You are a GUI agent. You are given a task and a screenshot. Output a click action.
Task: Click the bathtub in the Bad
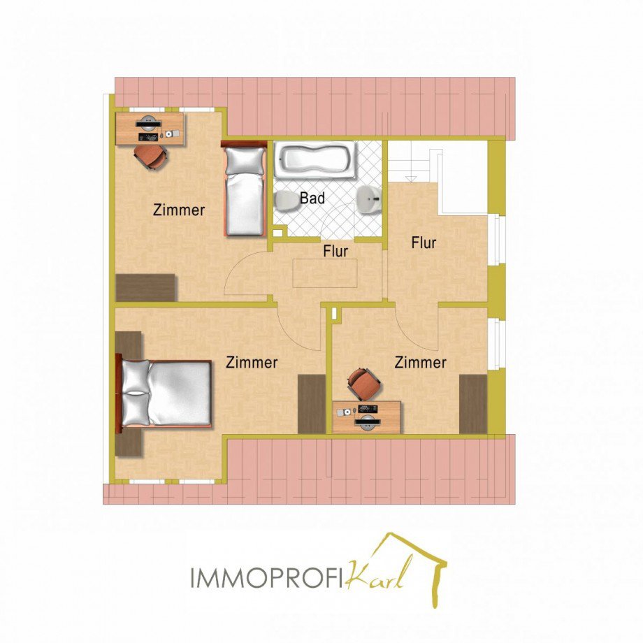pos(315,160)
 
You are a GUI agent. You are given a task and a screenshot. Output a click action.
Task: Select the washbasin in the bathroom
pos(369,200)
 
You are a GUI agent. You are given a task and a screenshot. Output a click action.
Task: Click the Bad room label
pos(312,198)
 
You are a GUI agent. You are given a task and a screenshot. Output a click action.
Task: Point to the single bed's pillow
pos(245,161)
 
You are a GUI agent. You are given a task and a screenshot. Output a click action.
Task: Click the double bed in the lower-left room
pos(164,393)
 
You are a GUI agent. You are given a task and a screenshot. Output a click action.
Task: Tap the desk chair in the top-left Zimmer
pos(151,157)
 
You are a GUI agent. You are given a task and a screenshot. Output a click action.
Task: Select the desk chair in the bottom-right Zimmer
pos(364,384)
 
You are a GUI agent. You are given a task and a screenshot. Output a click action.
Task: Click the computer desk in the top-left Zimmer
pos(150,129)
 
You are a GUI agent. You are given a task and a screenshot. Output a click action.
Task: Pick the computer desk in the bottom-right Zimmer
pos(366,417)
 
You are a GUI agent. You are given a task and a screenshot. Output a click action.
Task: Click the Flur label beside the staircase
pos(424,243)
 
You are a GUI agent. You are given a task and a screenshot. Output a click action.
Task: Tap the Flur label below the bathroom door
pos(335,251)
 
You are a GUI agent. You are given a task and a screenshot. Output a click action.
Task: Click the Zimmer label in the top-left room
pos(179,210)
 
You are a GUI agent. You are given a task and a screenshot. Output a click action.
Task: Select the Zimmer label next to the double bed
pos(252,363)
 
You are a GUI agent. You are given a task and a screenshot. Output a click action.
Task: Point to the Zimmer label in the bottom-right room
pos(420,363)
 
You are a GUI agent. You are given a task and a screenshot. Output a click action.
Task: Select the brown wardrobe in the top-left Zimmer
pos(146,287)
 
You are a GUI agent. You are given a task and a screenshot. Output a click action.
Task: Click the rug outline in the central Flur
pos(325,273)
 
